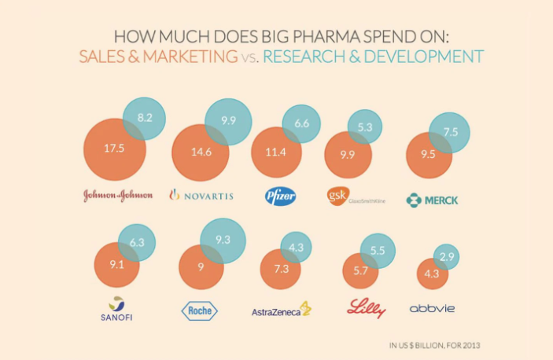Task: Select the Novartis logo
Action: tap(201, 196)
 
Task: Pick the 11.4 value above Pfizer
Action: tap(275, 152)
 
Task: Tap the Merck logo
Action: tap(432, 200)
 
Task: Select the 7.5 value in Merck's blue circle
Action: tap(451, 132)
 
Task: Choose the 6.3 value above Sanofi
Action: tap(137, 243)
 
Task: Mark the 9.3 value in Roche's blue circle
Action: tap(223, 239)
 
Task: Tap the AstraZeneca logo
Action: tap(281, 310)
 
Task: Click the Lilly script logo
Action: tap(365, 307)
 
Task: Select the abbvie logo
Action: tap(433, 309)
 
